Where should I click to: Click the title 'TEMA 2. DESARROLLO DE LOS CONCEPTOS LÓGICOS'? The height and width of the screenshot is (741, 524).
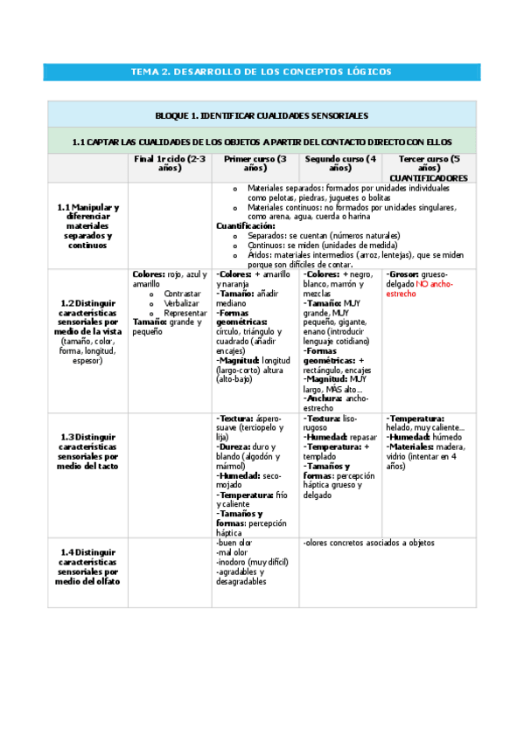pos(261,72)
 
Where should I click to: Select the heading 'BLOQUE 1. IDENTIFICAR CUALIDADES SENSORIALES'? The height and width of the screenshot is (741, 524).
pos(261,115)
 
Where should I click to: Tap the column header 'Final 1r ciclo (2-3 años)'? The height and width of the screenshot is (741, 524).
pos(170,163)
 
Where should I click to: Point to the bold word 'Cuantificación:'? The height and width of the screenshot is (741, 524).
pos(245,225)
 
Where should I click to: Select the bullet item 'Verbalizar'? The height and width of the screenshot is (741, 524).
pos(182,303)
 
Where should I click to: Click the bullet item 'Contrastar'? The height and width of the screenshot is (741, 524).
pos(182,294)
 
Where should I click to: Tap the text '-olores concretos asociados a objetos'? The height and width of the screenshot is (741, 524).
pos(369,543)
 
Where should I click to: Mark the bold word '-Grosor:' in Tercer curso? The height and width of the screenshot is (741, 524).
pos(404,274)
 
